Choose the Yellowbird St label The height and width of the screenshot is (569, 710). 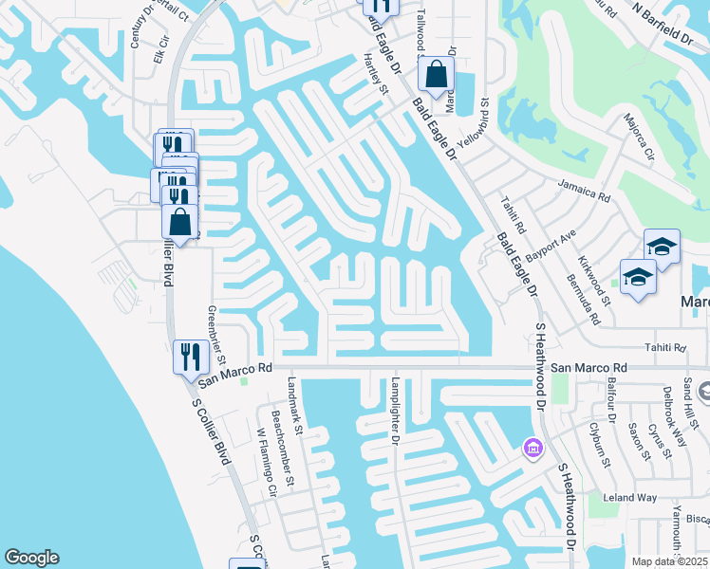pos(484,123)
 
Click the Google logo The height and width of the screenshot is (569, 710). pos(31,558)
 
